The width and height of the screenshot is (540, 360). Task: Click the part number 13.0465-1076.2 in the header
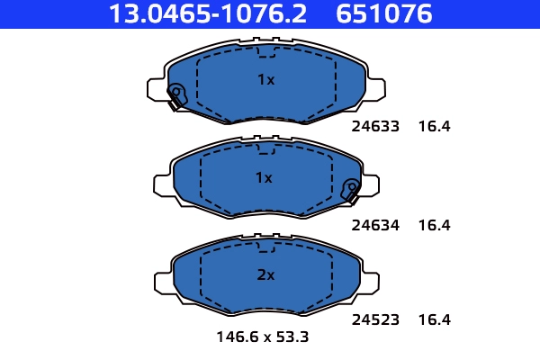(208, 14)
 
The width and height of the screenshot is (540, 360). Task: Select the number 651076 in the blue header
(385, 14)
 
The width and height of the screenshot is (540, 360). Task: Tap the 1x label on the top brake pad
(265, 79)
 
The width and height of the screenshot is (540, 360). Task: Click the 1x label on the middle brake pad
(264, 177)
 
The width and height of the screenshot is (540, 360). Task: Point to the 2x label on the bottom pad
(265, 275)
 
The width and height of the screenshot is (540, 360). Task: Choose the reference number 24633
(374, 127)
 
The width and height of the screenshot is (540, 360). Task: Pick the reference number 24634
(374, 225)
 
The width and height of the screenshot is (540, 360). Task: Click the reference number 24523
(374, 319)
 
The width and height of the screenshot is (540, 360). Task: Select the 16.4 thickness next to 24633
(434, 127)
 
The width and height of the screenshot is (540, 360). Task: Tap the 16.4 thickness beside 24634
(434, 225)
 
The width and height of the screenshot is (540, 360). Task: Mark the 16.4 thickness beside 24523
(434, 319)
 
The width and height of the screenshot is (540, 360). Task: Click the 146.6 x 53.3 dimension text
(263, 338)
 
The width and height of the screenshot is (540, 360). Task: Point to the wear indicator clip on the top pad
(175, 95)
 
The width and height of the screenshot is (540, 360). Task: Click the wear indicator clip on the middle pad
(352, 190)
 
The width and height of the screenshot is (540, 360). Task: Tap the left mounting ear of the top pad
(156, 88)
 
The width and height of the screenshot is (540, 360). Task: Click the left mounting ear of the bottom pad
(161, 282)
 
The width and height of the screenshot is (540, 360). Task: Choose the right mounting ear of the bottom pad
(370, 282)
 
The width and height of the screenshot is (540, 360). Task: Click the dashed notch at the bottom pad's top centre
(265, 247)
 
